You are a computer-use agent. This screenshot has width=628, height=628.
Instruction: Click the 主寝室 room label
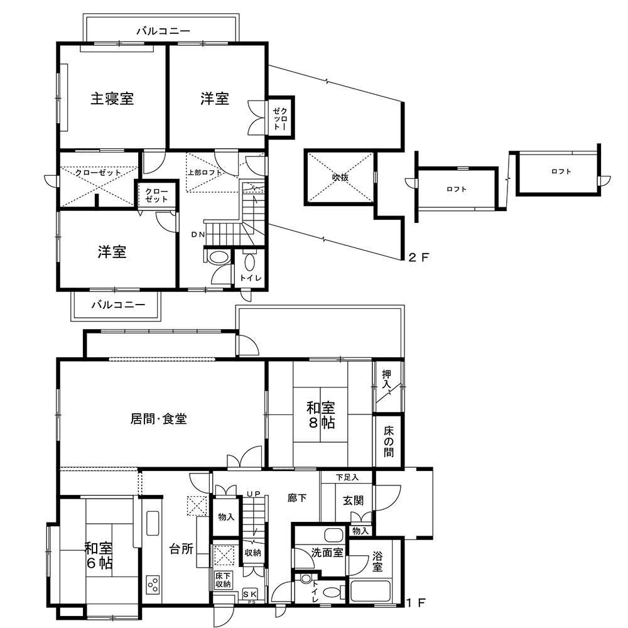[112, 99]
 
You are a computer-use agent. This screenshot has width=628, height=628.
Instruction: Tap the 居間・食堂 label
[159, 419]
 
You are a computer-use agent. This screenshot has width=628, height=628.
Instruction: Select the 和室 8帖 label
[321, 415]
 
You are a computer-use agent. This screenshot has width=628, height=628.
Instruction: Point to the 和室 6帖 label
[99, 556]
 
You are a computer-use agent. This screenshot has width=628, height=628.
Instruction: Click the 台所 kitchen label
[181, 549]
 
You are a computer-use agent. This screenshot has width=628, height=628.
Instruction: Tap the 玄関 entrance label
[353, 501]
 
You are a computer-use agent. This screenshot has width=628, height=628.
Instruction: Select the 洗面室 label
[327, 553]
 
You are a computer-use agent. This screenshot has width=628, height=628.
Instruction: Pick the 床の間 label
[389, 441]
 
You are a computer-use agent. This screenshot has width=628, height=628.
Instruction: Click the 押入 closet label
[386, 379]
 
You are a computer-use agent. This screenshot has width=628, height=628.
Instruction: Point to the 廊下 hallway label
[297, 498]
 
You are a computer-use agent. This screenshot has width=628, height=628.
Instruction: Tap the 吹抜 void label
[340, 177]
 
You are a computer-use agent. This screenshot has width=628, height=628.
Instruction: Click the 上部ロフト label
[205, 173]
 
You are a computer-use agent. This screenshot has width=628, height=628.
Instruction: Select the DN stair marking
[198, 235]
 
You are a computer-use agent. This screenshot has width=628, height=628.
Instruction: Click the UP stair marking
[254, 494]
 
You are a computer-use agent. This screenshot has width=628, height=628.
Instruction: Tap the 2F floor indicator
[418, 257]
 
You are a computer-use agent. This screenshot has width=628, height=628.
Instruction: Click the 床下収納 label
[223, 580]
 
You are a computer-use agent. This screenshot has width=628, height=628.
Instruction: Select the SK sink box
[251, 594]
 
